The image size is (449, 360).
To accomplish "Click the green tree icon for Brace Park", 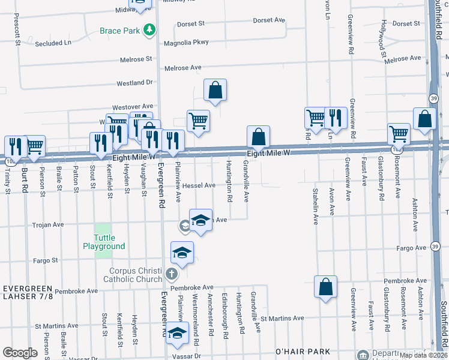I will click(149, 30).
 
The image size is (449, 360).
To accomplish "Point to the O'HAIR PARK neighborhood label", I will click(295, 350).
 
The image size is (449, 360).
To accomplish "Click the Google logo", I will click(20, 352).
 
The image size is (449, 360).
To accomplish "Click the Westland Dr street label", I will click(135, 83).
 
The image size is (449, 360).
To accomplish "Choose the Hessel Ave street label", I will click(197, 185).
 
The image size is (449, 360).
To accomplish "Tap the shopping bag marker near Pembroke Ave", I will click(325, 287).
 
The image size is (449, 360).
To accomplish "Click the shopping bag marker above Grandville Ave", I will click(258, 137).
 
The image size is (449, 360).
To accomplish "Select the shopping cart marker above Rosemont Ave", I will click(399, 134).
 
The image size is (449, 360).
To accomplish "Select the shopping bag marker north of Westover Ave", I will click(215, 90).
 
